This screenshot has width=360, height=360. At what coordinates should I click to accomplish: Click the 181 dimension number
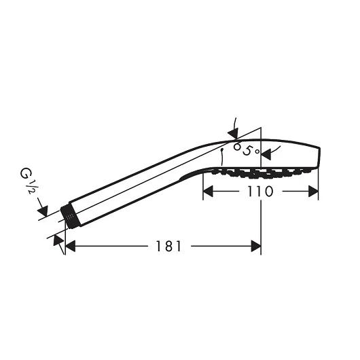pyautogui.click(x=168, y=246)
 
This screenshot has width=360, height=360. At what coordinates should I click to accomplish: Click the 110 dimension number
pyautogui.click(x=260, y=192)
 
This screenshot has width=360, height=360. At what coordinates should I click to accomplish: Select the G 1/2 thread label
pyautogui.click(x=27, y=181)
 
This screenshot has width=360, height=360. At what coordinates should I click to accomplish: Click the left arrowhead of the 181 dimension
pyautogui.click(x=70, y=246)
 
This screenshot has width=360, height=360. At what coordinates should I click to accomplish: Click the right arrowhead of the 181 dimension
pyautogui.click(x=256, y=246)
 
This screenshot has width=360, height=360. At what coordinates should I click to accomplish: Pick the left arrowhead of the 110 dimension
pyautogui.click(x=208, y=192)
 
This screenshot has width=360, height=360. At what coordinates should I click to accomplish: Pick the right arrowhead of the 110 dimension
pyautogui.click(x=313, y=192)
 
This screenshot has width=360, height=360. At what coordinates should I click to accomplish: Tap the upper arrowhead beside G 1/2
pyautogui.click(x=43, y=211)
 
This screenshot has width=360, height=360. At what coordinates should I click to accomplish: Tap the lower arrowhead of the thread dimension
pyautogui.click(x=58, y=240)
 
